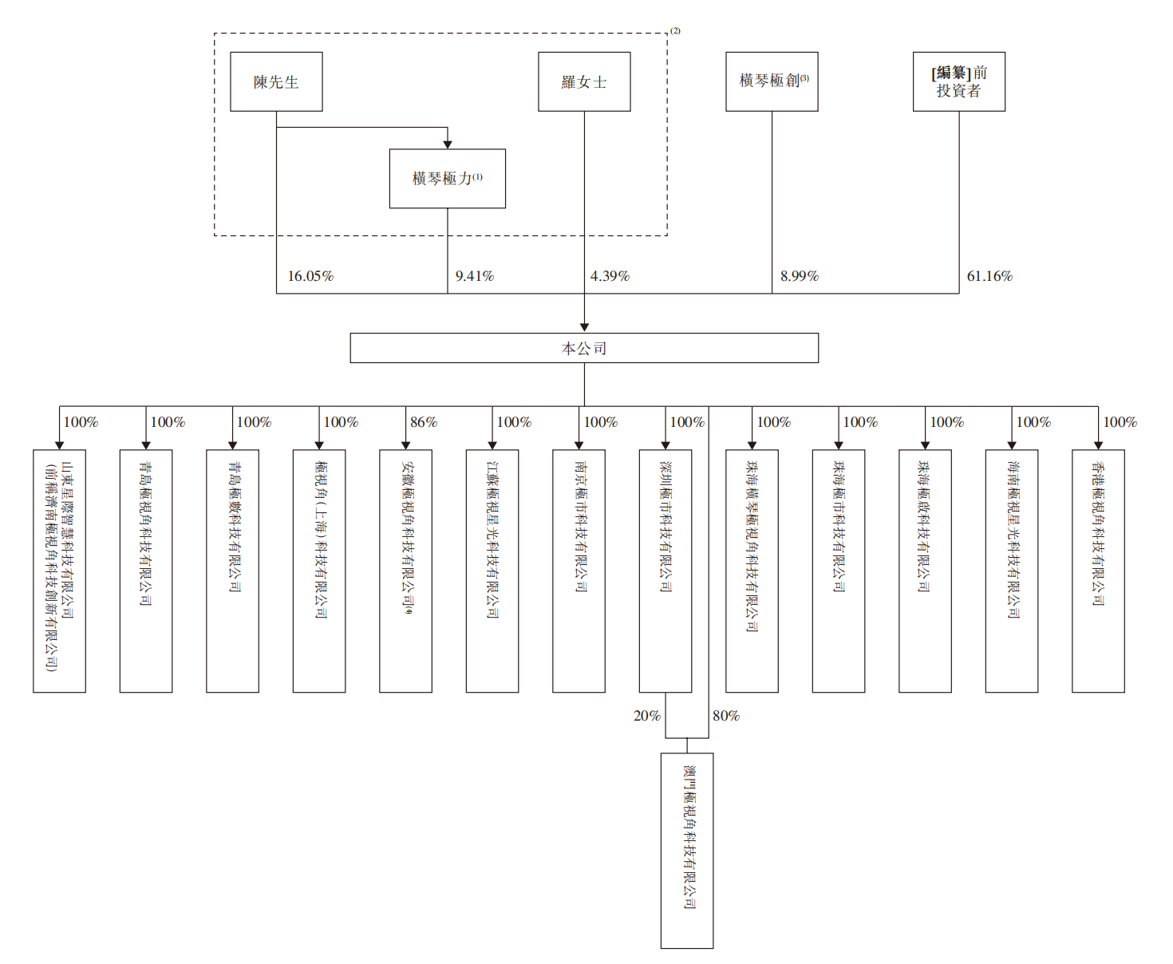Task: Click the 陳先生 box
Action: tap(276, 81)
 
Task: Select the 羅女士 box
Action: tap(584, 81)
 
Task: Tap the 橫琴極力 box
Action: tap(447, 179)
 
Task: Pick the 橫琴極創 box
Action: tap(772, 81)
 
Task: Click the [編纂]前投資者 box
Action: tap(958, 81)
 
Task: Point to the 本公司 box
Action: tap(584, 348)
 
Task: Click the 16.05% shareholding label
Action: tap(310, 276)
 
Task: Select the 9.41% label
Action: tap(475, 276)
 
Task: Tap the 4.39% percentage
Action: tap(610, 276)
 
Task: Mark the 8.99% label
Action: tap(800, 276)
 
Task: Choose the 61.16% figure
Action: tap(989, 276)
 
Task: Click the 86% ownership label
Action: tap(424, 422)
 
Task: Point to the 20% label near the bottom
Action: tap(647, 716)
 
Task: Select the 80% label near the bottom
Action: tap(726, 716)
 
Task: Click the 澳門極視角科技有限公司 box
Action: tap(687, 851)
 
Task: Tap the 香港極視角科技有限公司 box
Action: tap(1098, 571)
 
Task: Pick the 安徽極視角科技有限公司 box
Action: tap(405, 571)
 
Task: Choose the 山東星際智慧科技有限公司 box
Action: tap(59, 571)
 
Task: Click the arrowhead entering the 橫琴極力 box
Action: tap(448, 144)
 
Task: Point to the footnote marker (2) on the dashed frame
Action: tap(675, 31)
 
